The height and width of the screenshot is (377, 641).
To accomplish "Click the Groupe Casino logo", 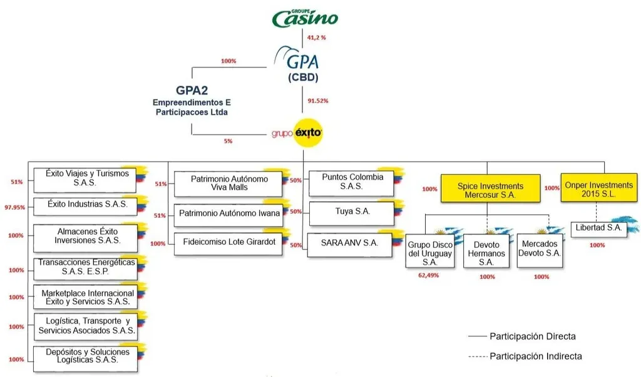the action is point(305,18).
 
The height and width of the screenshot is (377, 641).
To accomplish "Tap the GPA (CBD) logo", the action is point(297,63).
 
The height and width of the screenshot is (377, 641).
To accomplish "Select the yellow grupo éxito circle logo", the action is point(308,133).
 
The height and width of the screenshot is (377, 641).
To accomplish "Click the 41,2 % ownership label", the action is point(316,38).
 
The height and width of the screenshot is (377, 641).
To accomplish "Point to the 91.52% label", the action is point(317,101).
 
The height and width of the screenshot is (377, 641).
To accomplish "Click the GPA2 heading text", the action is point(192,90).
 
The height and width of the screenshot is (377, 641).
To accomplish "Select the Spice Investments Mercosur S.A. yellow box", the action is point(490,189).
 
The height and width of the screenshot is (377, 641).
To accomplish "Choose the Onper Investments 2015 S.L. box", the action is point(598,188).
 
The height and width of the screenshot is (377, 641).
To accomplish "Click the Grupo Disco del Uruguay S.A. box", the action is point(430,251).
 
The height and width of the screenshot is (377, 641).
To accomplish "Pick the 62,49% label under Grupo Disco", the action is point(428,276).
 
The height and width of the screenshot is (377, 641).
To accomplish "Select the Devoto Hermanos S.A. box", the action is point(486,251).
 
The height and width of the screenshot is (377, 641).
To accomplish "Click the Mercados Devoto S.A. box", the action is point(540,250).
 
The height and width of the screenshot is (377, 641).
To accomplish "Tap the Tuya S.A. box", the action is point(352,213).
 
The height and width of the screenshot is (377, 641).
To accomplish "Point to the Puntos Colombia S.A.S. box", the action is point(352,183).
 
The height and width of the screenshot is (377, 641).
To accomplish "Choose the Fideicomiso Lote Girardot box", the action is point(228,244).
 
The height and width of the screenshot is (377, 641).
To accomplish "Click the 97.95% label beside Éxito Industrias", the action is point(15,207).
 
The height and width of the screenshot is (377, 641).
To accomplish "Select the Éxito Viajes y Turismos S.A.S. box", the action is point(85,180).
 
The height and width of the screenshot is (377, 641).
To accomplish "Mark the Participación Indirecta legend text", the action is point(536,356).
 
